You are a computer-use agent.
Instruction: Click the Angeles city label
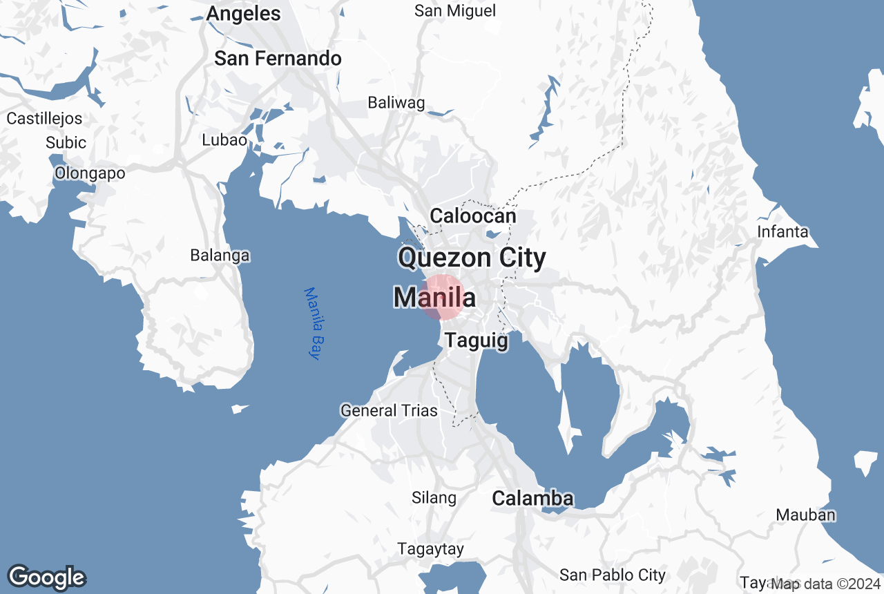pos(244,14)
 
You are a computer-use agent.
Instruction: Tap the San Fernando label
pos(278,59)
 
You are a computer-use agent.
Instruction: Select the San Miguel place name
pos(455,11)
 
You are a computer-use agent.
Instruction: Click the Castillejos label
pos(44,119)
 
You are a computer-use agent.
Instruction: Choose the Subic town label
pos(66,143)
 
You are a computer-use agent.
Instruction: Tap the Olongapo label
pos(90,173)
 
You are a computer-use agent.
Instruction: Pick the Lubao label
pos(224,140)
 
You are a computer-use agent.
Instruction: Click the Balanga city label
pos(220,256)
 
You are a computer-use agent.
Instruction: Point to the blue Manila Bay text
pos(314,323)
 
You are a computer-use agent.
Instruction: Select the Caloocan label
pos(473,216)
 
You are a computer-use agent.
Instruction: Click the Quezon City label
pos(472,258)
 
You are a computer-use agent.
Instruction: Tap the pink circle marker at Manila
pos(443,297)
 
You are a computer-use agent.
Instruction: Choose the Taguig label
pos(477,341)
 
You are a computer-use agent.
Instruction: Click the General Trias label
pos(389,411)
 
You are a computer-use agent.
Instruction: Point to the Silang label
pos(434,498)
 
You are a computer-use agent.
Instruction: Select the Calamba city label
pos(532,499)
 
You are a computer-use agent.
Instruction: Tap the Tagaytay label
pos(430,549)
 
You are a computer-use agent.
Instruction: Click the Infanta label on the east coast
pos(782,232)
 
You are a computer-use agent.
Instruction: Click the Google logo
pos(47,577)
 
